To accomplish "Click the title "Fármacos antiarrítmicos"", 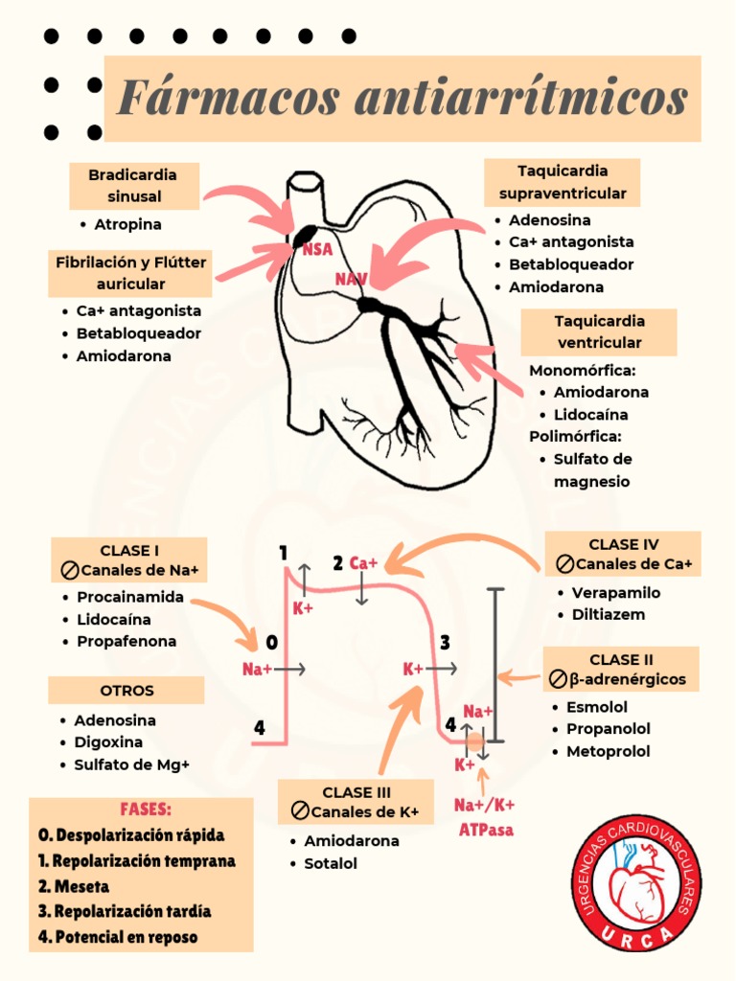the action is pyautogui.click(x=402, y=98).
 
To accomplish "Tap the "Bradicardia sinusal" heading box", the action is pyautogui.click(x=134, y=186).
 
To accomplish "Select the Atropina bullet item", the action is pyautogui.click(x=127, y=224).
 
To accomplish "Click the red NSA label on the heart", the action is pyautogui.click(x=317, y=250).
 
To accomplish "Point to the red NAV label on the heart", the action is pyautogui.click(x=351, y=279).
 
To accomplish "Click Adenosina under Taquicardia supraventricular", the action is pyautogui.click(x=549, y=220).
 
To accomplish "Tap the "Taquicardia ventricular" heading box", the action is pyautogui.click(x=599, y=332).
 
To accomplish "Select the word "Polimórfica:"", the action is pyautogui.click(x=575, y=436).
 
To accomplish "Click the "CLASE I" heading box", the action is pyautogui.click(x=129, y=559).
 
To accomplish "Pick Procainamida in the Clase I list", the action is pyautogui.click(x=129, y=597).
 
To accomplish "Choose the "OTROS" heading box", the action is pyautogui.click(x=126, y=691).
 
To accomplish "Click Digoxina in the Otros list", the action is pyautogui.click(x=107, y=742).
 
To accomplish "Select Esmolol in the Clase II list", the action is pyautogui.click(x=596, y=707).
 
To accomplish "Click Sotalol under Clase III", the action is pyautogui.click(x=330, y=863).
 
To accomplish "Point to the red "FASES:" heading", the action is pyautogui.click(x=146, y=809).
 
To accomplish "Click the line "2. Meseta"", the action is pyautogui.click(x=74, y=886).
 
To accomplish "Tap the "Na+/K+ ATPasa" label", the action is pyautogui.click(x=484, y=817).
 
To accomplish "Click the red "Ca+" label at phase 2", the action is pyautogui.click(x=363, y=563).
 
